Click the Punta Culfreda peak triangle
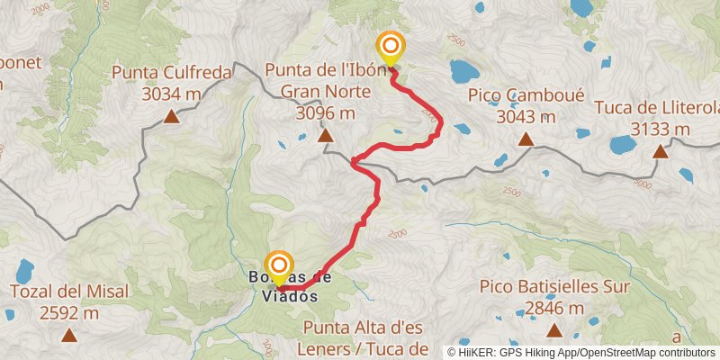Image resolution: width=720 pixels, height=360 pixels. click(170, 116)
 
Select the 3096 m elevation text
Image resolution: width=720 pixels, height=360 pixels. click(325, 112)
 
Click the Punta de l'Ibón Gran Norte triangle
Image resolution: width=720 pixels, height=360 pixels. click(325, 137)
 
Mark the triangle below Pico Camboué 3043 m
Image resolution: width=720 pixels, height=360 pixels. click(525, 139)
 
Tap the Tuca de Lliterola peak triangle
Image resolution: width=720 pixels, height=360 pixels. click(660, 151)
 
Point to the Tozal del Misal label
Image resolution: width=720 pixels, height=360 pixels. click(69, 292)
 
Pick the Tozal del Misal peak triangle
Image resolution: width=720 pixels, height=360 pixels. click(69, 336)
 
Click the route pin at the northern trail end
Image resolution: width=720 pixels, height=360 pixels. click(391, 48)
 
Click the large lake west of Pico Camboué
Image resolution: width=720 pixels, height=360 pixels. click(465, 70)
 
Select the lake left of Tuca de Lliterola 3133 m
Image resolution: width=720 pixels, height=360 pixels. click(622, 144)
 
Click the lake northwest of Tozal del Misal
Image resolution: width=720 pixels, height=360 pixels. click(23, 270)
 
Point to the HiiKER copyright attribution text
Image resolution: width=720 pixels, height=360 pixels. click(582, 352)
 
